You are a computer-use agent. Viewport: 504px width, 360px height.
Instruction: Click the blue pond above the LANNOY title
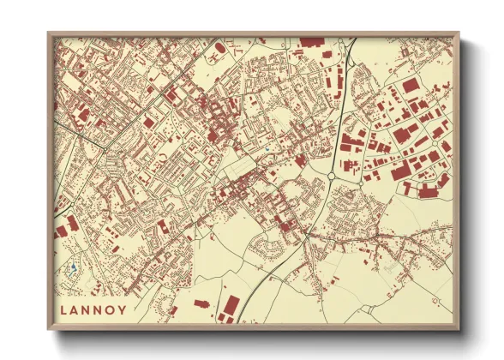click(75, 268)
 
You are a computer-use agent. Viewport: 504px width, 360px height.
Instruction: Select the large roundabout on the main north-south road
click(331, 177)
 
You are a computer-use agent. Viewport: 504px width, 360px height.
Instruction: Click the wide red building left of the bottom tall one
click(201, 303)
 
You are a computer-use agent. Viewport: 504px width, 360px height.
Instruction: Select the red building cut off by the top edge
click(311, 41)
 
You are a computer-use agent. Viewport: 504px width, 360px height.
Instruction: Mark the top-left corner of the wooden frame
click(49, 33)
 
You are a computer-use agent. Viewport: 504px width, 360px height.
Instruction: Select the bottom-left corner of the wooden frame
click(49, 330)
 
